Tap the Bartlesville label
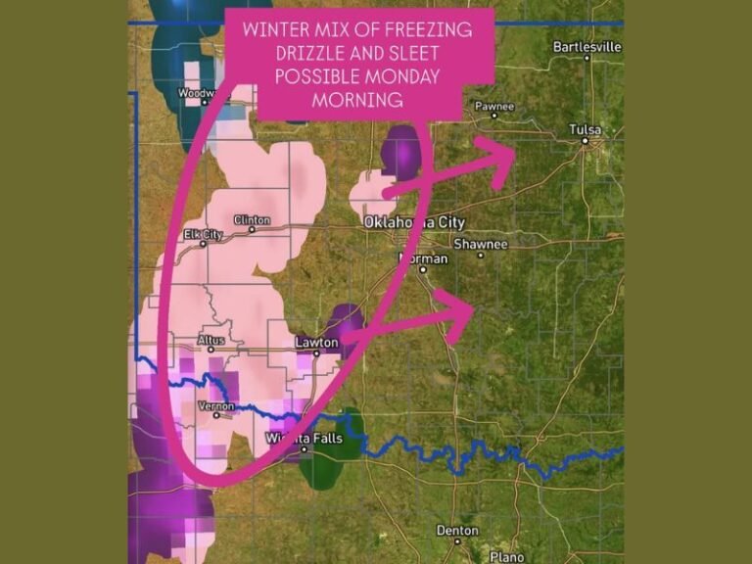tap(587, 46)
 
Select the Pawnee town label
tap(493, 106)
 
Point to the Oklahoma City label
tap(413, 222)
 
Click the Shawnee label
tap(479, 244)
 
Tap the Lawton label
tap(317, 343)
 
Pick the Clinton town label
tap(252, 220)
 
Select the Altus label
tap(211, 340)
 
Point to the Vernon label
tap(216, 404)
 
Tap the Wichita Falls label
tap(305, 439)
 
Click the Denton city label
tap(457, 531)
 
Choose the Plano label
tap(506, 556)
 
